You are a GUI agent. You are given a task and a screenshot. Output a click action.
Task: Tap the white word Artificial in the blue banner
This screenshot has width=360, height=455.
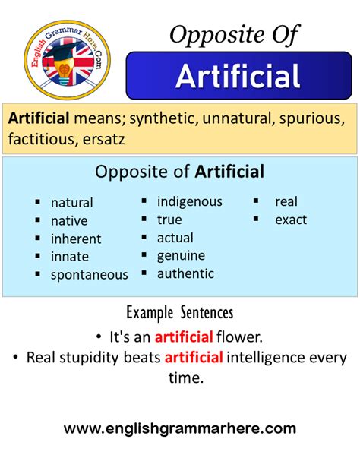[237, 76]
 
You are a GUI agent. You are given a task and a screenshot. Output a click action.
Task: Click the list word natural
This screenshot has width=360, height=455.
[72, 203]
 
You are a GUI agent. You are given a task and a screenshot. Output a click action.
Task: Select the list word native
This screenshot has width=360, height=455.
[69, 221]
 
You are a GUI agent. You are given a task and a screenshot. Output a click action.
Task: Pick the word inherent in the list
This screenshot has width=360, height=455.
[76, 239]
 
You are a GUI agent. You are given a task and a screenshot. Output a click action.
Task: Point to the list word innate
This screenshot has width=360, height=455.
[70, 257]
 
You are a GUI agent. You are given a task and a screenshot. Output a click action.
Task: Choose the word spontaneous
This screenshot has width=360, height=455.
[90, 275]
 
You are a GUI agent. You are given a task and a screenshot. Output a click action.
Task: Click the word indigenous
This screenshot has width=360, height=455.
[190, 201]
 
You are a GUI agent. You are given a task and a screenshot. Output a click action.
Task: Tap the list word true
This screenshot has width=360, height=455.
[169, 220]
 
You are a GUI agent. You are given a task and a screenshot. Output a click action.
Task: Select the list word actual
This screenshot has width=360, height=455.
[175, 238]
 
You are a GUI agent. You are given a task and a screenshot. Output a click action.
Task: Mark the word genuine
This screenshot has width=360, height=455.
[181, 256]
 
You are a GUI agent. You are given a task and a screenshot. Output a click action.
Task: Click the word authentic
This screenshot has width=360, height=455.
[185, 273]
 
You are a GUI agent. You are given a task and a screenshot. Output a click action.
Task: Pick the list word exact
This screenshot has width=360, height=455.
[291, 220]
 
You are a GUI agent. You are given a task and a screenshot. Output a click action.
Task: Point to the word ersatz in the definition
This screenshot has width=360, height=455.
[117, 140]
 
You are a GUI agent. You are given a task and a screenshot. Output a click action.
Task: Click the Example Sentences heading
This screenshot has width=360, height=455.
[179, 312]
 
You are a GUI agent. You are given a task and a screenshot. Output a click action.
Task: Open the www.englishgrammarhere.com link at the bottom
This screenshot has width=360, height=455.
[180, 429]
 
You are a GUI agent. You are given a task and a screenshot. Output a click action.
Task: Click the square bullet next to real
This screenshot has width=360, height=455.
[257, 202]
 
